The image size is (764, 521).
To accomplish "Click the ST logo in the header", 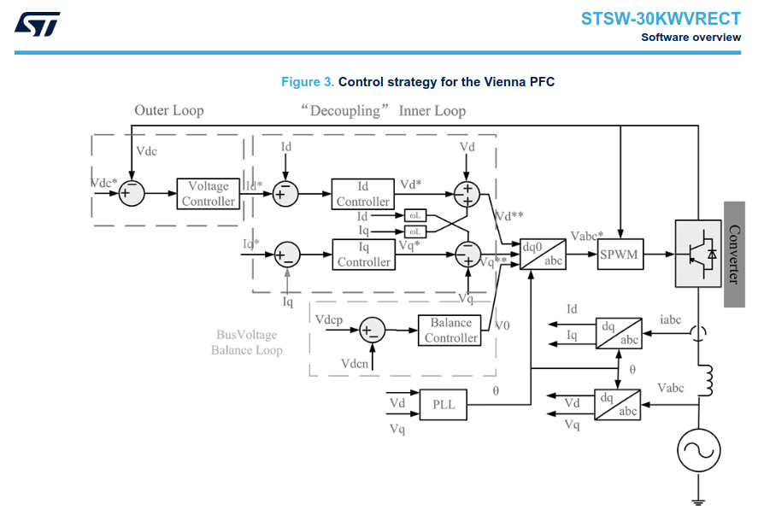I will (38, 23).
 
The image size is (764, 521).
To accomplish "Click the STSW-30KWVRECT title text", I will (661, 19).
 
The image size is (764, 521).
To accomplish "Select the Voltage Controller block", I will (208, 194).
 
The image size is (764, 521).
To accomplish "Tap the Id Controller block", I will (362, 194).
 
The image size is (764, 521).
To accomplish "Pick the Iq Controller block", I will (363, 255).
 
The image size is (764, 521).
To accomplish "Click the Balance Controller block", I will (450, 331).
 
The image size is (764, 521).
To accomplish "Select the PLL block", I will (444, 404).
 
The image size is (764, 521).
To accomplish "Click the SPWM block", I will (620, 255).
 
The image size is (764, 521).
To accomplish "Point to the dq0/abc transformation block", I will (543, 255).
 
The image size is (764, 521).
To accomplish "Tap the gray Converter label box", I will (734, 255).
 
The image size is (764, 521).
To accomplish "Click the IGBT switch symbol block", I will (698, 254).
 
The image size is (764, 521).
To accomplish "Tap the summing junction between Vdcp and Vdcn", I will (372, 331).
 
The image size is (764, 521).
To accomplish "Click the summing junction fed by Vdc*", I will (132, 193).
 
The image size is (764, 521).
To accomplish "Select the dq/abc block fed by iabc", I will (618, 332).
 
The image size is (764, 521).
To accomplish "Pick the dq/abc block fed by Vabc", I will (618, 404).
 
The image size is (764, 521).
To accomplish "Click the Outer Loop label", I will (168, 110).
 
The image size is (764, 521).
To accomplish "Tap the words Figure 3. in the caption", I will (308, 82).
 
